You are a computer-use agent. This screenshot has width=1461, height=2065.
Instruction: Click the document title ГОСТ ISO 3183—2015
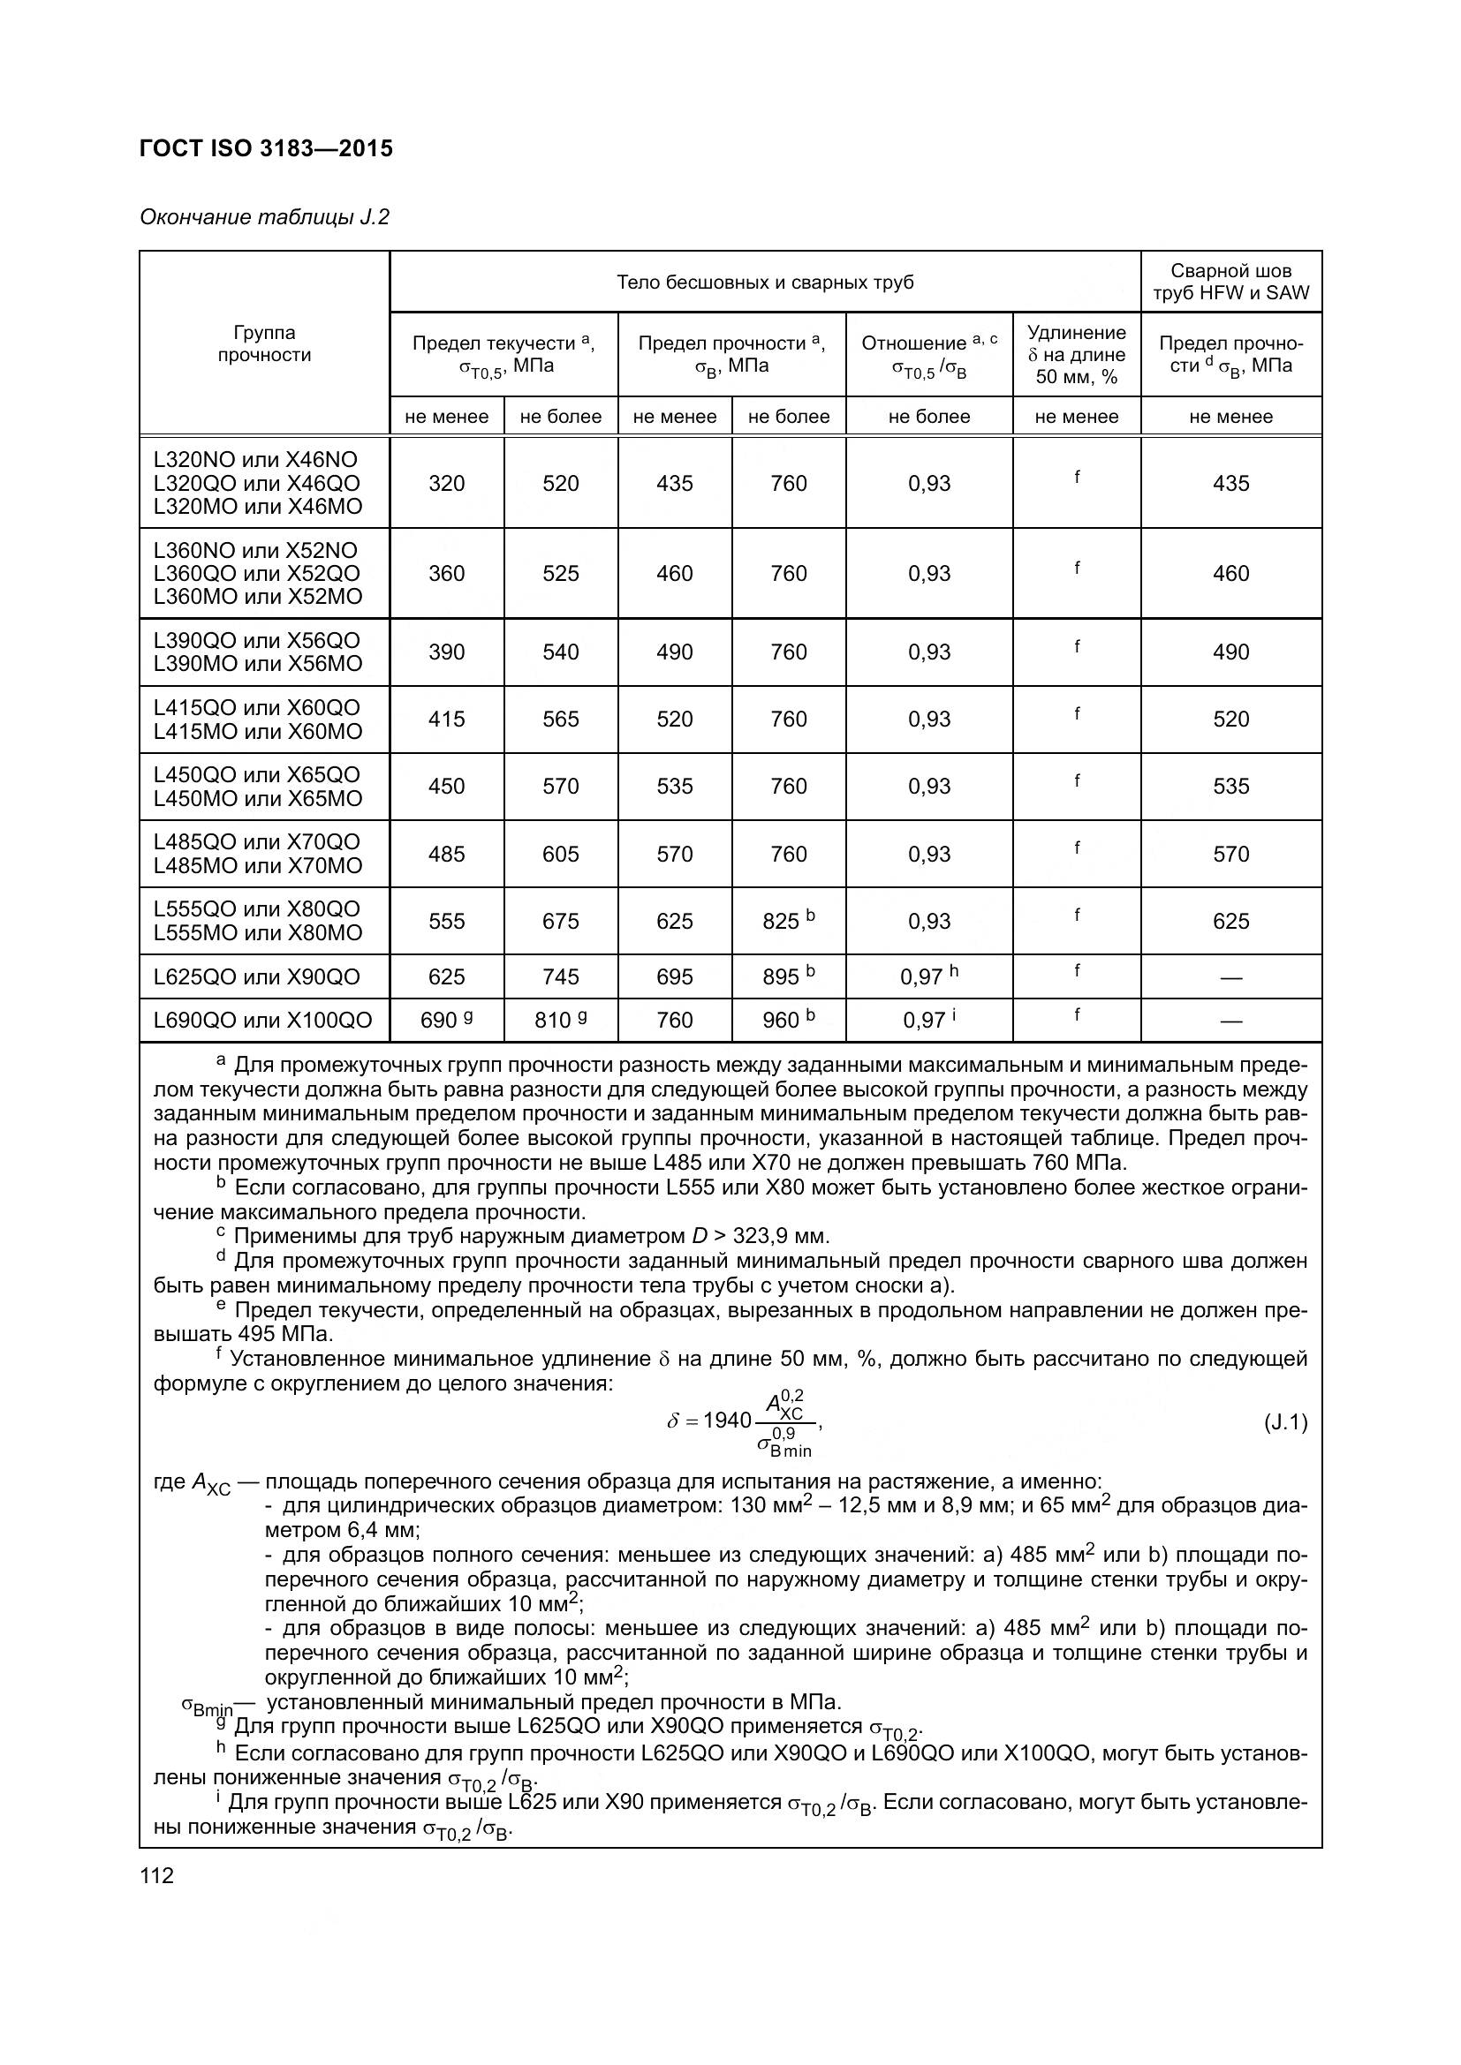266,148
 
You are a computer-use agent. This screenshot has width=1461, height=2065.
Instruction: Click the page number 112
156,1876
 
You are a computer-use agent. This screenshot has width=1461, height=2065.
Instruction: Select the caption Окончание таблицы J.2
264,218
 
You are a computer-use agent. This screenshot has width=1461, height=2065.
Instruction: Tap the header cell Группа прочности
264,343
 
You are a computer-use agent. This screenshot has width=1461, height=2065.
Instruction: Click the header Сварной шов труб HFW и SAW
1230,282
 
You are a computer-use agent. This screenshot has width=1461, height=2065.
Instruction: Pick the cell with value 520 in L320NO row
561,483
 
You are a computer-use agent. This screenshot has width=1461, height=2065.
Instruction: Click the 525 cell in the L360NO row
561,573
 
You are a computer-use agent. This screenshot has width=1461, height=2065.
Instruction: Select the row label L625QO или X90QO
257,976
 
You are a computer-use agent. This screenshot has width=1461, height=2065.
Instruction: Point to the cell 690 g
446,1020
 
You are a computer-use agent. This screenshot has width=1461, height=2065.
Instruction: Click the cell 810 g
561,1020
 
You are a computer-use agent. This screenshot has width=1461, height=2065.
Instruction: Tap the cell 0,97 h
928,976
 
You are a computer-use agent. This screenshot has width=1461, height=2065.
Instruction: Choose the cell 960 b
788,1020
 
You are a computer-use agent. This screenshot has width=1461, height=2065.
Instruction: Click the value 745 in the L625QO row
561,976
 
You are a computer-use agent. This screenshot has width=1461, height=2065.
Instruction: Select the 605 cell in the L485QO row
561,854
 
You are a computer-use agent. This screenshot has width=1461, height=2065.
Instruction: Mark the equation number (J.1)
1285,1422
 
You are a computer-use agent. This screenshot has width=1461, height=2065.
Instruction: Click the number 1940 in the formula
727,1421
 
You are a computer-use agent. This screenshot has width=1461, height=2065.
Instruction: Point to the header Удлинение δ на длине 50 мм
1076,354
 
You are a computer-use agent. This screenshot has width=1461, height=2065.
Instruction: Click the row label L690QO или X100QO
262,1020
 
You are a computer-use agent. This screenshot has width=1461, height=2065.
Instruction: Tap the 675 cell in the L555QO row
561,921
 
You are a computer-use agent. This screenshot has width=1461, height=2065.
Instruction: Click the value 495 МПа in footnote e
285,1333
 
